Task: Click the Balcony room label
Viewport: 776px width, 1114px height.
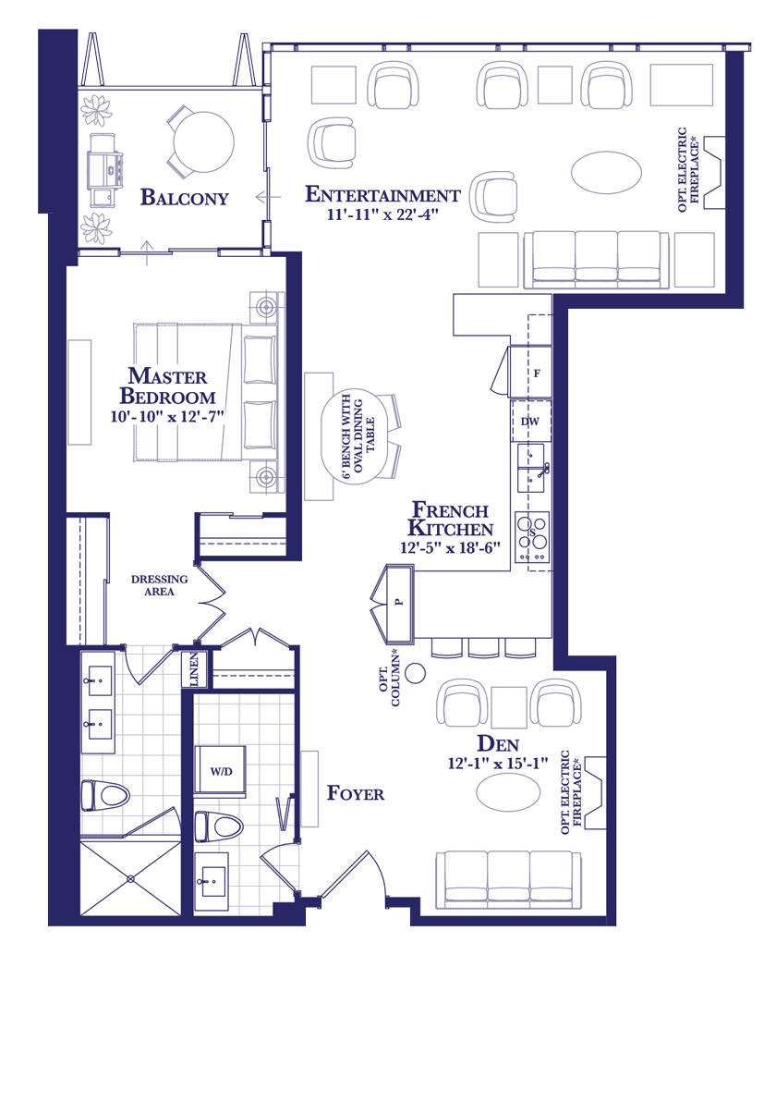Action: [185, 198]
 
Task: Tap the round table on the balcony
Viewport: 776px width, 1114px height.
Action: [203, 141]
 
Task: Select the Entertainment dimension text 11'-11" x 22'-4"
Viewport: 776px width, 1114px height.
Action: [382, 214]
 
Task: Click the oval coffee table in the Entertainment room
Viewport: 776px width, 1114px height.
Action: [606, 172]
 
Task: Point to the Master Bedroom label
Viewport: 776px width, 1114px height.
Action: [168, 386]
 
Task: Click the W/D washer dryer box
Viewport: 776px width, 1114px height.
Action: [220, 771]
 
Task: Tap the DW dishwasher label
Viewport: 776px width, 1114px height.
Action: [530, 422]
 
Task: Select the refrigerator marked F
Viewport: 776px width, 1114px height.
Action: [530, 373]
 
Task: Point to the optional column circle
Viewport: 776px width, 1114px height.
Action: [415, 673]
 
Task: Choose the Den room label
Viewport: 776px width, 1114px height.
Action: [498, 743]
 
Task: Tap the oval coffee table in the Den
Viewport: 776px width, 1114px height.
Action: [508, 792]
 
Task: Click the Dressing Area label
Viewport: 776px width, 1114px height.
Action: [159, 585]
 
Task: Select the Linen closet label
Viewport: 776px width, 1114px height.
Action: [194, 669]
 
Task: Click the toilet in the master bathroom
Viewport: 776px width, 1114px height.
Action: [105, 796]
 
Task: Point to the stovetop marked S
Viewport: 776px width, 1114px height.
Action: [532, 537]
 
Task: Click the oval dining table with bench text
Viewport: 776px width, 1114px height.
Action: [354, 436]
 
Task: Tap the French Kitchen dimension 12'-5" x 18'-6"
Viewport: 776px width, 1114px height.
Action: [450, 547]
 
